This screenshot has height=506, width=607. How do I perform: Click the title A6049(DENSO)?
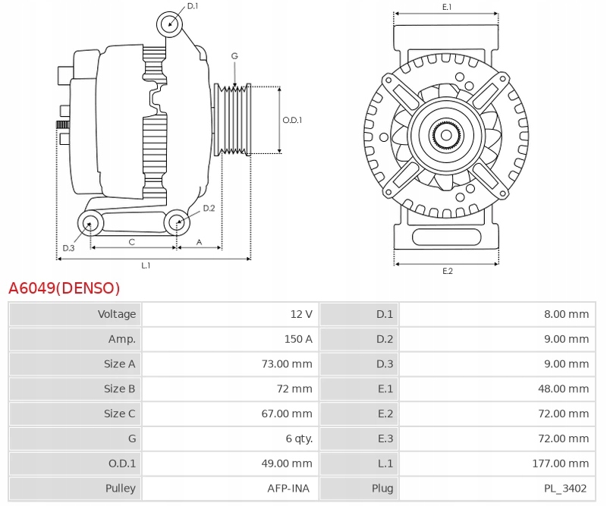coord(64,288)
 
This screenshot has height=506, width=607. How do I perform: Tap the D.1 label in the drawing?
coord(193,6)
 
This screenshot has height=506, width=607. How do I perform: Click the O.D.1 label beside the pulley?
coord(292,120)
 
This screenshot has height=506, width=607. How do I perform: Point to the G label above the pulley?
coord(234,56)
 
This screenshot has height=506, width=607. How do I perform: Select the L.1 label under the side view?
coord(146,266)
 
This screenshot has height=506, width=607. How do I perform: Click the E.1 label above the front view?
coord(447,7)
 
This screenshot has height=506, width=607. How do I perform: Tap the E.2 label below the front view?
coord(447,271)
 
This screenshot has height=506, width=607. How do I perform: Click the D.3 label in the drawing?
coord(68,248)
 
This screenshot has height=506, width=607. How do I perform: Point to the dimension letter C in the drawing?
coord(131,242)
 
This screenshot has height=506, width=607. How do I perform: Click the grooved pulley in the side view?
coord(234,120)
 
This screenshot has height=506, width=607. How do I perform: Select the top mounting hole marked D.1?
coord(170,24)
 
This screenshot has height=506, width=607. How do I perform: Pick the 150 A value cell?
coord(298,339)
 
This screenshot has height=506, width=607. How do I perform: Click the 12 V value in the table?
coord(301,314)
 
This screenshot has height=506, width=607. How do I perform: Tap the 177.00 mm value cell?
coord(562,464)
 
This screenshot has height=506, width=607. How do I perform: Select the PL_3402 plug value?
coord(565,489)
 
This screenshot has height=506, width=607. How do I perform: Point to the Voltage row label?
coord(117,314)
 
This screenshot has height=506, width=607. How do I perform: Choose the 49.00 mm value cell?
coord(287,464)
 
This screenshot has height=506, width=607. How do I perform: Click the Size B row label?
coord(120,388)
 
